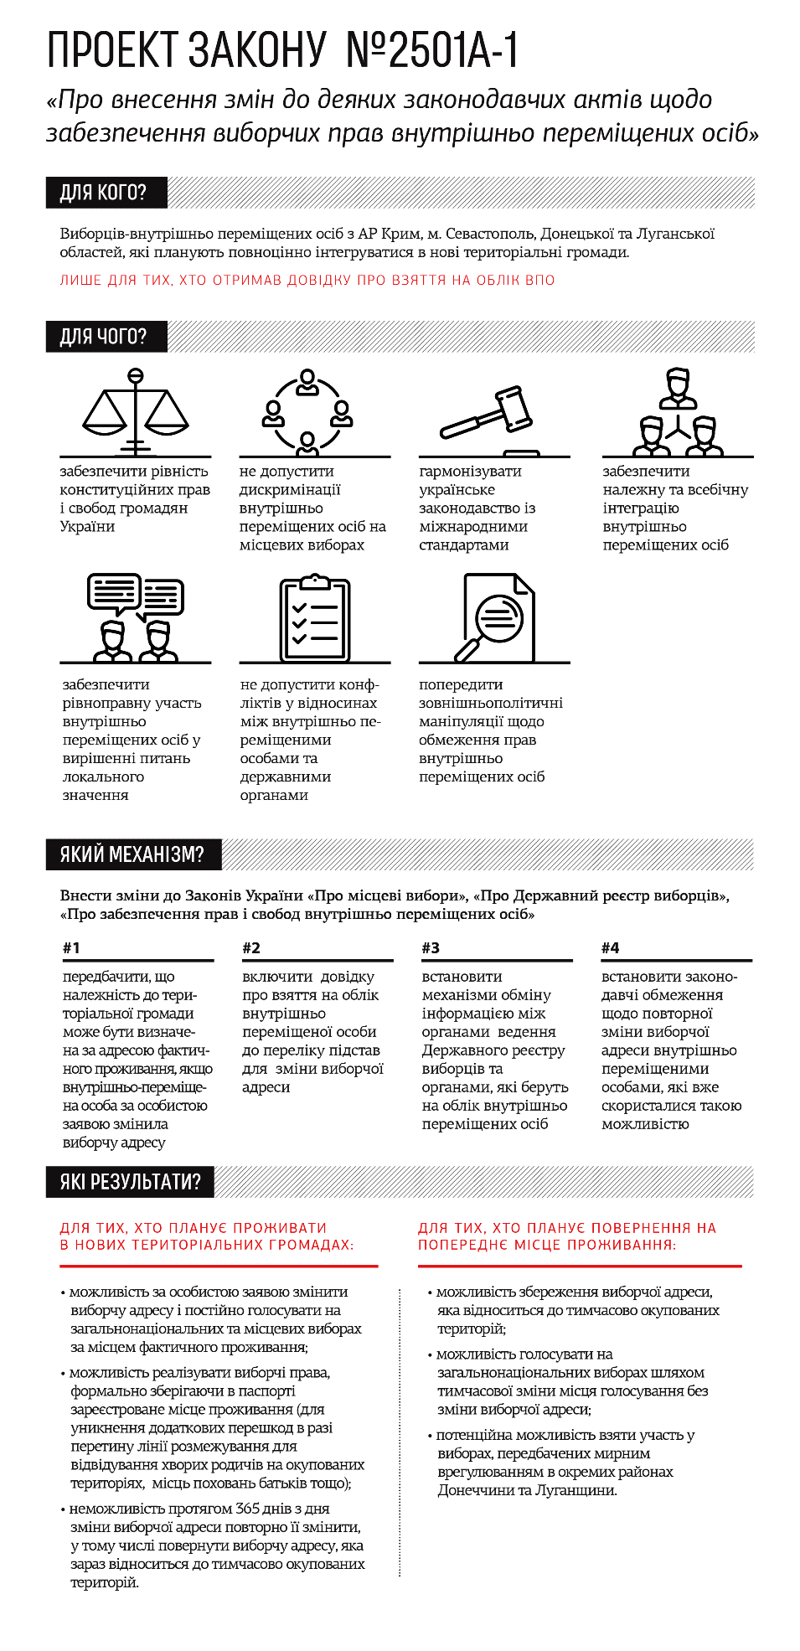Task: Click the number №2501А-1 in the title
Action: pos(432,49)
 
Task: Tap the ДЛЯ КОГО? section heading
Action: pos(103,193)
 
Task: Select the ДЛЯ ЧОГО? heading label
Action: pos(103,337)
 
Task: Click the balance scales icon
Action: pos(135,411)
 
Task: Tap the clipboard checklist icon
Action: pos(314,618)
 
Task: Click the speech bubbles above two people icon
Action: pos(135,617)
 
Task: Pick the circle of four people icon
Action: pos(307,410)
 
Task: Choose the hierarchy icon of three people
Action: pos(677,411)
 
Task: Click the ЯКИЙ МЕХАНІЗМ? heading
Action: pos(132,854)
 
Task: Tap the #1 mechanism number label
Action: pos(71,948)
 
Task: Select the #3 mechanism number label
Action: pos(431,948)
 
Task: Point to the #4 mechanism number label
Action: pos(611,948)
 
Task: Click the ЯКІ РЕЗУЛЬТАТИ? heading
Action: pos(130,1182)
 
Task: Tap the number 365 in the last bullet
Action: pos(247,1509)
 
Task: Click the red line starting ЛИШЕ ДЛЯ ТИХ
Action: pos(307,281)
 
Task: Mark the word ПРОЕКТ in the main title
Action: pos(111,49)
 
